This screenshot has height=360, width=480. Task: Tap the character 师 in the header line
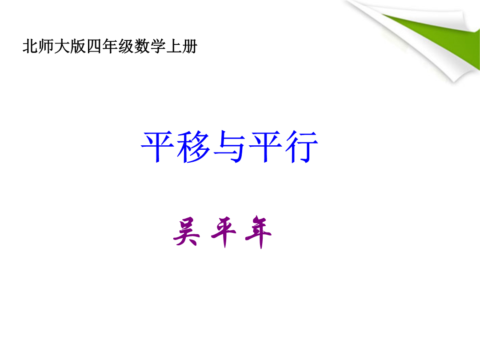pos(46,47)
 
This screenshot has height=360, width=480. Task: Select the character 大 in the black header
pos(62,47)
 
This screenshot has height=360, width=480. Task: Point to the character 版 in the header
pos(78,47)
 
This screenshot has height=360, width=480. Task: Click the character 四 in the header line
pos(94,47)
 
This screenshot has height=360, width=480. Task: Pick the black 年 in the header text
pos(110,47)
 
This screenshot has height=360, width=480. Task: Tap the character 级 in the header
pos(126,47)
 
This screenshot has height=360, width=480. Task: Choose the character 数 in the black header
pos(142,47)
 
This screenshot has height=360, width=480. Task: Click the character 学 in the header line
pos(158,47)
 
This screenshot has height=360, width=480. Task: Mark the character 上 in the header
pos(174,47)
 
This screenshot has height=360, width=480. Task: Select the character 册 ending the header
pos(189,47)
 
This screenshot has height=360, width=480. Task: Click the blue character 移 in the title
pos(193,147)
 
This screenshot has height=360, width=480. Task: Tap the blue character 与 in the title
pos(229,147)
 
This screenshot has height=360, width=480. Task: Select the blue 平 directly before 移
pos(157,147)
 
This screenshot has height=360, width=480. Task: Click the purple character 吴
pos(186,232)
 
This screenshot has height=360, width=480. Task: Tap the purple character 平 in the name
pos(224,232)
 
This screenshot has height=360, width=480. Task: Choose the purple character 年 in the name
pos(259,232)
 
